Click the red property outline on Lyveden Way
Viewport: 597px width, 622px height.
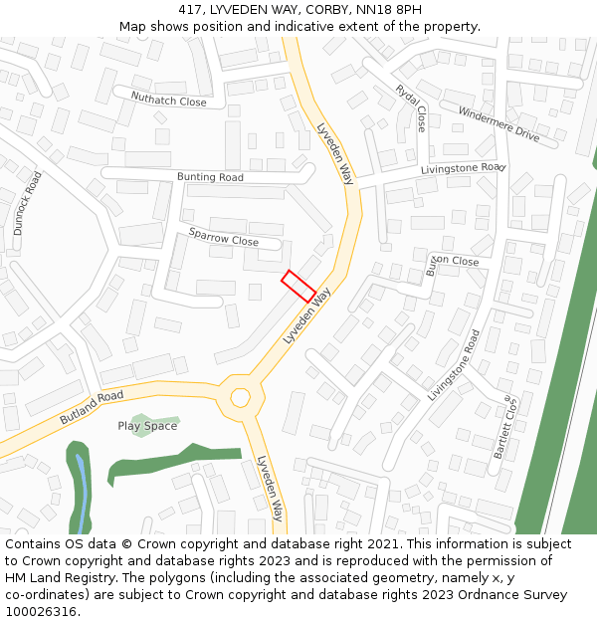[298, 286]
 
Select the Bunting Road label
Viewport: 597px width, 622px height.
[210, 177]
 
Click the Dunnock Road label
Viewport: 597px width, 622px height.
[27, 203]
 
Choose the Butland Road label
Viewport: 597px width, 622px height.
[92, 407]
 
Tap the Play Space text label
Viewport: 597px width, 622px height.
[147, 426]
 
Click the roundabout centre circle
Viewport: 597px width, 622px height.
[240, 397]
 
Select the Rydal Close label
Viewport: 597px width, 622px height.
[411, 107]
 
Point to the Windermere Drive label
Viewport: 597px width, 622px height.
[498, 124]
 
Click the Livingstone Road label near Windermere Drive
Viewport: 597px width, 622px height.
[463, 169]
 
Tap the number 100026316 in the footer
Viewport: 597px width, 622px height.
[41, 612]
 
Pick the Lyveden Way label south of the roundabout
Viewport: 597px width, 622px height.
[271, 488]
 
